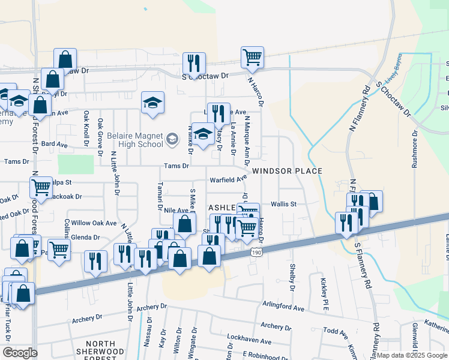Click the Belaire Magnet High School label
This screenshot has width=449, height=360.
click(135, 140)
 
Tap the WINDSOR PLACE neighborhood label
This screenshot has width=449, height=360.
click(287, 171)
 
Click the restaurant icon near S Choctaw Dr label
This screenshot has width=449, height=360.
click(194, 63)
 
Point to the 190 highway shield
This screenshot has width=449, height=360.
click(257, 254)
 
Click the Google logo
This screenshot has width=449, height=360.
click(20, 353)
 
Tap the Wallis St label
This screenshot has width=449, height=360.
click(284, 204)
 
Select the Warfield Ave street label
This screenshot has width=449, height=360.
click(228, 179)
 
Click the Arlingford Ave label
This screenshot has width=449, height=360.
click(283, 308)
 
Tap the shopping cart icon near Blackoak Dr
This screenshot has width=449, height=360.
click(41, 187)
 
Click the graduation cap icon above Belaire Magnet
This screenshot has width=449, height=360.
click(152, 102)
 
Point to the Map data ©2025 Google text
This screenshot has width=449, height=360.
click(412, 355)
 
